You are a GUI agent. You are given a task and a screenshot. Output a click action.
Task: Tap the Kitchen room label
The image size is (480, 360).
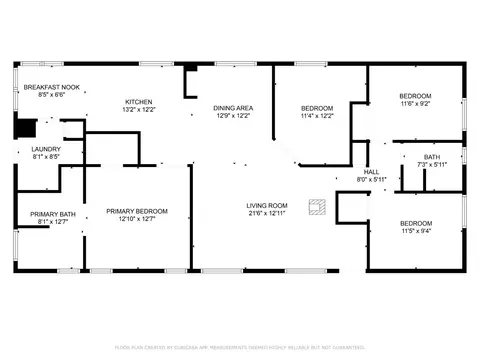[x=138, y=102]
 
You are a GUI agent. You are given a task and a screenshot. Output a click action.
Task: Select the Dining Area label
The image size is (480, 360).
[x=233, y=107]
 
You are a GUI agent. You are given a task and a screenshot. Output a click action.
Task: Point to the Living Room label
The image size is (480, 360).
[x=267, y=206]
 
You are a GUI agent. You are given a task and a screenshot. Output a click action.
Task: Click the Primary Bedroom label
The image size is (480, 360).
[x=138, y=211]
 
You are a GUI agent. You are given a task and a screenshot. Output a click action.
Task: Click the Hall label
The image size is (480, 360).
[x=371, y=172]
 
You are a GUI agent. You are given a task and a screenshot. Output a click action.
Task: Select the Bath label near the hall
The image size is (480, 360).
[x=432, y=156]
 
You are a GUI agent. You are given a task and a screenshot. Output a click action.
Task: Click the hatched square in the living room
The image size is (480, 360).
[x=317, y=207]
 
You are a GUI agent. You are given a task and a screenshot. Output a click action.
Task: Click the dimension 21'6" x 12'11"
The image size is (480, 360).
[x=267, y=214]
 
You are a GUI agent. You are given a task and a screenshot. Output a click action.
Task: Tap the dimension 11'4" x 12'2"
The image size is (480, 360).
[x=316, y=115]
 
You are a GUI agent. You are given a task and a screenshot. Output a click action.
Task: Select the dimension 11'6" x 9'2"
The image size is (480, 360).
[x=415, y=103]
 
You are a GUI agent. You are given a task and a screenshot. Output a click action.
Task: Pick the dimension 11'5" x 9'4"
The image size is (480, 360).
[x=415, y=231]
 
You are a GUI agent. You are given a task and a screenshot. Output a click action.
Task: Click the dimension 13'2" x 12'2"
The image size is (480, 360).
[x=138, y=110]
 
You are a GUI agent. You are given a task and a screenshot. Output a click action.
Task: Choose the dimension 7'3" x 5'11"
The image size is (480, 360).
[x=432, y=164]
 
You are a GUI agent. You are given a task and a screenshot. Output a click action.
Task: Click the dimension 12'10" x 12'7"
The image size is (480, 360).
[x=138, y=219]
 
